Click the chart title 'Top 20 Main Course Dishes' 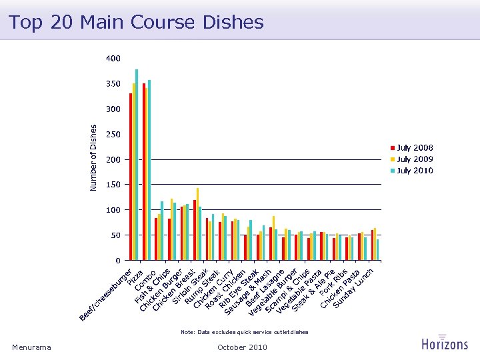(x=136, y=22)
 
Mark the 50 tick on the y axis (x=115, y=235)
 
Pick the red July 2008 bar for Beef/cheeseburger (x=131, y=177)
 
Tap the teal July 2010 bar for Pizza (x=149, y=170)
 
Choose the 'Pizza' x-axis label (x=136, y=275)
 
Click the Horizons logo (x=445, y=342)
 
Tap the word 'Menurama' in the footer (x=31, y=347)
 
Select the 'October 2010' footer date (x=242, y=347)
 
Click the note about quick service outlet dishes (x=244, y=331)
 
